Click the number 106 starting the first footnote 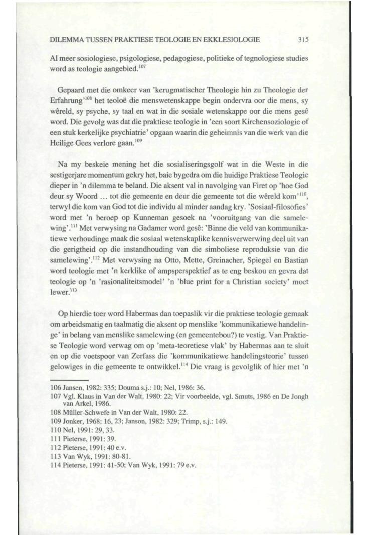tap(57, 387)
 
